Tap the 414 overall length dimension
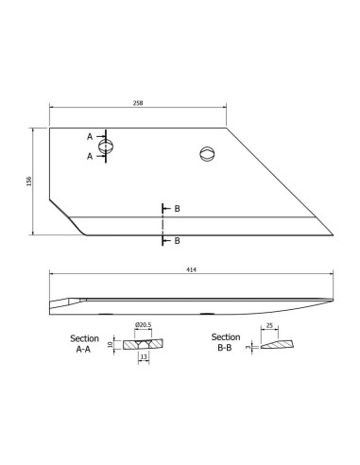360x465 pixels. pos(192,270)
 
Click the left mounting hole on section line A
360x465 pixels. pos(111,146)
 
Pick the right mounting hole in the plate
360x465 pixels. pos(208,155)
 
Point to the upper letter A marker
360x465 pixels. pos(91,136)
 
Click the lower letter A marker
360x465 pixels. pos(91,156)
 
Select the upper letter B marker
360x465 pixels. pos(177,207)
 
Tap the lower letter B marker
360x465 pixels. pos(177,240)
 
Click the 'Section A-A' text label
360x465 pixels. pos(86,342)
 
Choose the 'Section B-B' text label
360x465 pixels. pos(225,341)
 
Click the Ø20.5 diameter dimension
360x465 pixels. pos(142,326)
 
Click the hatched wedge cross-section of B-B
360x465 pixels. pos(274,345)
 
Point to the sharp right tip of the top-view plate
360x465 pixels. pos(333,236)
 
